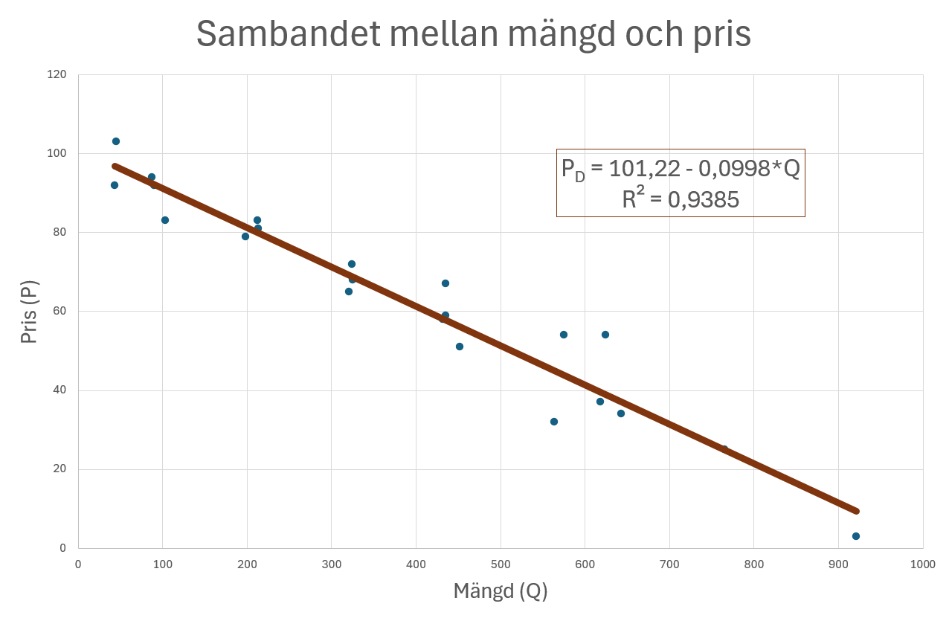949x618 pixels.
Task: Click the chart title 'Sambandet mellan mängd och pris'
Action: point(474,34)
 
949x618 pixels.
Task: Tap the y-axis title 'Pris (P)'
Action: point(29,312)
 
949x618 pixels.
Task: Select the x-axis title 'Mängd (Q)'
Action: point(501,591)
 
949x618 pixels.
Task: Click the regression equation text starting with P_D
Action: point(681,169)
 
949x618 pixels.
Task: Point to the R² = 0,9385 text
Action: point(681,199)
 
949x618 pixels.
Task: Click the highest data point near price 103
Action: point(116,141)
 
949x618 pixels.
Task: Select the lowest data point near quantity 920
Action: point(856,536)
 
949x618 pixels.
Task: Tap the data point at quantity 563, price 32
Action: point(554,422)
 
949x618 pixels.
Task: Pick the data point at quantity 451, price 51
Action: point(460,347)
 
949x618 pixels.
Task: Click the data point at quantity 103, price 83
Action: point(165,220)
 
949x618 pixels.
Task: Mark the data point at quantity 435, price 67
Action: point(445,283)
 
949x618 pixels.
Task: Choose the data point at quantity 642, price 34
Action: point(621,413)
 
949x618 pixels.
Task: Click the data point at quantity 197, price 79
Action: point(245,236)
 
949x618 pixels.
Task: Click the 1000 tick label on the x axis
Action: point(923,564)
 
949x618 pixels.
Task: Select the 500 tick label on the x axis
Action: point(501,564)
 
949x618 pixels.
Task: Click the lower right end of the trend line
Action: point(856,511)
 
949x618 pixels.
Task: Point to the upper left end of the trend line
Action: point(115,166)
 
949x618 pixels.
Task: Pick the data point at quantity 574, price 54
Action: point(564,335)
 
